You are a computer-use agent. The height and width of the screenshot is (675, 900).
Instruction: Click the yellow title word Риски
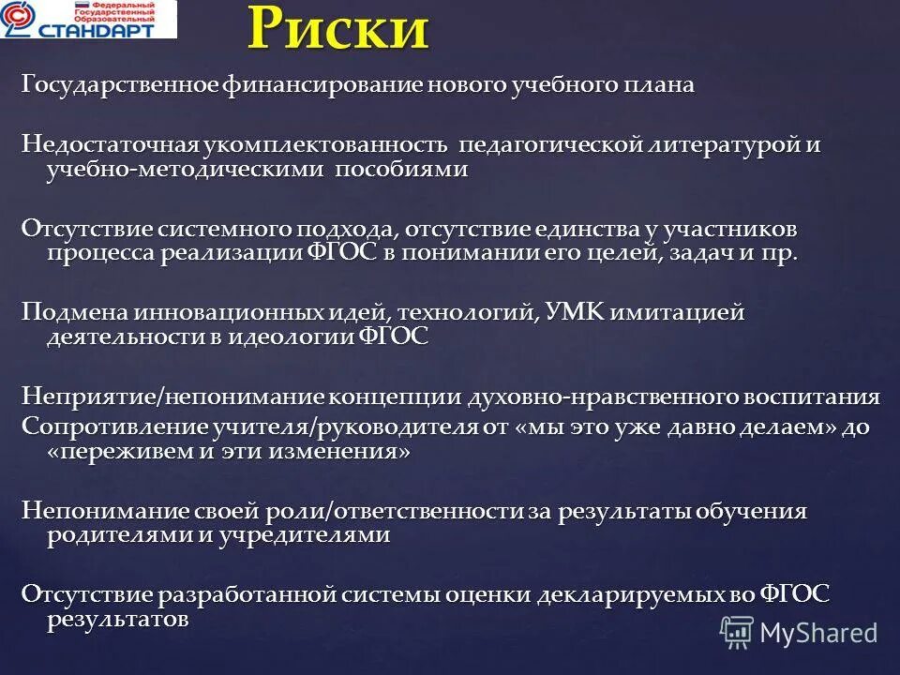(338, 28)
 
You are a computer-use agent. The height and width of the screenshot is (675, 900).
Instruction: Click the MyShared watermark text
(818, 632)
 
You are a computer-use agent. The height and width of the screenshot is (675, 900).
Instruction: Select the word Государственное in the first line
(121, 85)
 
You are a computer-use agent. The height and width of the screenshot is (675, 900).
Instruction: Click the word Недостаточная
(110, 146)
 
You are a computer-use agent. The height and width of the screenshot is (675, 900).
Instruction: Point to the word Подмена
(74, 313)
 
